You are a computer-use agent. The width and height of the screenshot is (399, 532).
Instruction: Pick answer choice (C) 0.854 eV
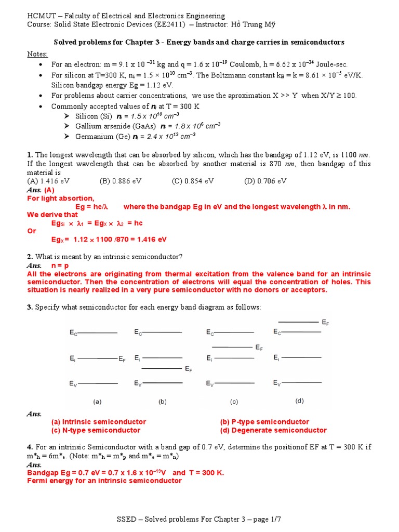click(193, 181)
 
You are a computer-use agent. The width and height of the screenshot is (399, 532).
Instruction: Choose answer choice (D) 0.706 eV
click(265, 181)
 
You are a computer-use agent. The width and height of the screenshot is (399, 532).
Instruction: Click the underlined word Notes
click(37, 55)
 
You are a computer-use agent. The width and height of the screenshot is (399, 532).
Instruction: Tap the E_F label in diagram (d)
click(325, 323)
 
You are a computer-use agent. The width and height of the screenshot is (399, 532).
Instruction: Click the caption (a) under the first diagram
click(97, 402)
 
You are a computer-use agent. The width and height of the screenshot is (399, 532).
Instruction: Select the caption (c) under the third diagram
click(234, 402)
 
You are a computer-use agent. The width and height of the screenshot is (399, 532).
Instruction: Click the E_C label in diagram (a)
click(73, 332)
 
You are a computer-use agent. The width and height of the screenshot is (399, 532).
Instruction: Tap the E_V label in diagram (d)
click(277, 383)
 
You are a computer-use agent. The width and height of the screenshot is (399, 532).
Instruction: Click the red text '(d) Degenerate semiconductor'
click(273, 430)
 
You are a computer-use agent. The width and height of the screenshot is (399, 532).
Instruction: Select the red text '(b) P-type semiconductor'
click(264, 422)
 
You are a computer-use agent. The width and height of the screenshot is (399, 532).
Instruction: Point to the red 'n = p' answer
click(61, 265)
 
